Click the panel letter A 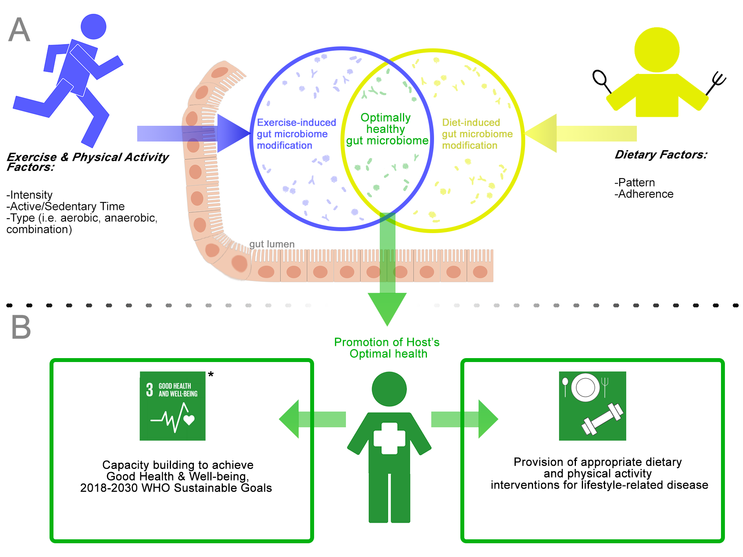click(x=19, y=30)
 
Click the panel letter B click(x=21, y=327)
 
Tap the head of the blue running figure click(x=93, y=27)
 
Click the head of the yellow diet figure click(x=657, y=50)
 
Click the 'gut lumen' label click(x=272, y=244)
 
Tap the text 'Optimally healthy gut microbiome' click(x=386, y=129)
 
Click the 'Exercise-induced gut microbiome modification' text click(x=296, y=134)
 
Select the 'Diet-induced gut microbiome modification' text click(x=477, y=134)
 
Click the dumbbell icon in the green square click(x=602, y=419)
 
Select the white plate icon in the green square click(x=585, y=388)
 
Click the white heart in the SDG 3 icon click(x=189, y=420)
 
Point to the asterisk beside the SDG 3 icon click(x=211, y=375)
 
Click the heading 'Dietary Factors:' click(x=660, y=155)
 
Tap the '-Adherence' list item click(x=644, y=194)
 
